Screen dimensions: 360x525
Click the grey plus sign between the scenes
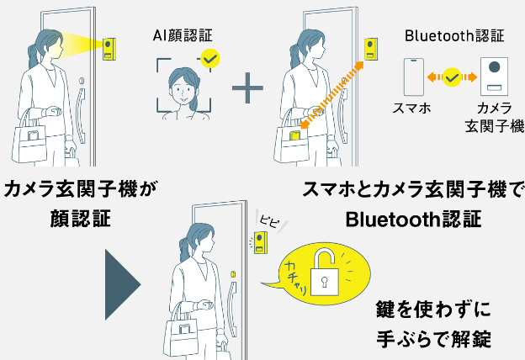(x=247, y=87)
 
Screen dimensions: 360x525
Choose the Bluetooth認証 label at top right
(x=453, y=35)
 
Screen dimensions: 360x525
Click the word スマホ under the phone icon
(x=414, y=108)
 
